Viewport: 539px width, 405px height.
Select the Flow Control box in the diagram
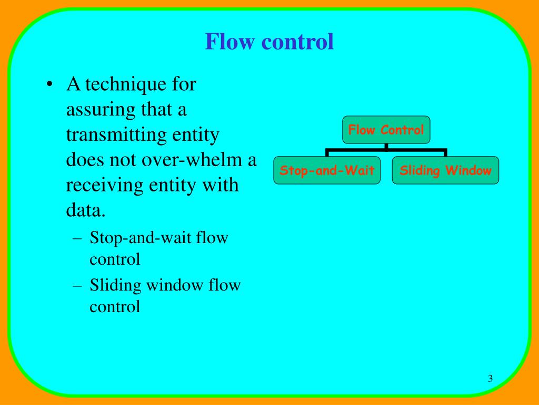[x=386, y=130]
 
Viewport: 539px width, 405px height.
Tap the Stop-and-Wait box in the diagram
[x=327, y=170]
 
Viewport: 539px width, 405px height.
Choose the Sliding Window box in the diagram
[x=445, y=170]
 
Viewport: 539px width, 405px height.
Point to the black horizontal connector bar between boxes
[x=386, y=150]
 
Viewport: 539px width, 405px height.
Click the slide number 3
[x=490, y=379]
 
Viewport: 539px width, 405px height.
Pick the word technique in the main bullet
[x=119, y=84]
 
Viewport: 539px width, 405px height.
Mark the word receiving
[x=98, y=186]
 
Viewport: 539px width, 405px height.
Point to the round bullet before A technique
[x=49, y=85]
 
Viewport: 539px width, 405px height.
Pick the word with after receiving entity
[x=223, y=186]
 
